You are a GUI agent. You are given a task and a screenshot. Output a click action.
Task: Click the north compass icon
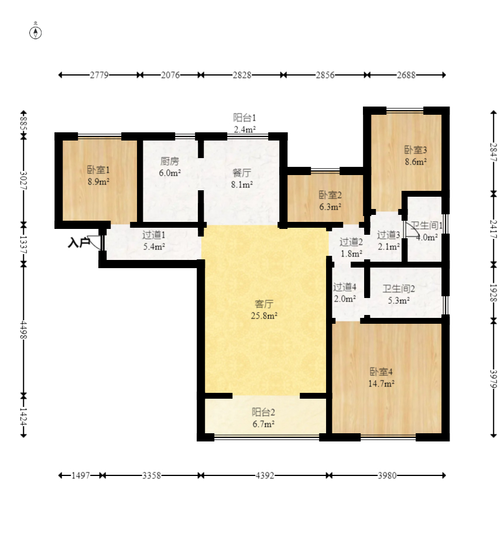click(35, 32)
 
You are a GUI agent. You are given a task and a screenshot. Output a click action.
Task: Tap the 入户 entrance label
click(78, 242)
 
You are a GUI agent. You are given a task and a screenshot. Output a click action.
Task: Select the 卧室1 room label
click(98, 170)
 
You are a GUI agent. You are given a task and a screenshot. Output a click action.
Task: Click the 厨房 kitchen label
click(170, 161)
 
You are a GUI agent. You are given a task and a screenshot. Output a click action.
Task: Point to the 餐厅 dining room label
click(242, 173)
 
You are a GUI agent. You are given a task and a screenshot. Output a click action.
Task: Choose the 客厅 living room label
click(264, 304)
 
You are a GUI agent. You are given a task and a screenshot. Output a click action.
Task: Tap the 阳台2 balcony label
click(263, 412)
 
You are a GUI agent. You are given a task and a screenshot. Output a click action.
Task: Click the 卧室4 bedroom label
click(381, 372)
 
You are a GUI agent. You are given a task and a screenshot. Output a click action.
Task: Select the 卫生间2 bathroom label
click(399, 289)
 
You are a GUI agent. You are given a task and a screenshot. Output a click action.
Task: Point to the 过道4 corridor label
click(345, 287)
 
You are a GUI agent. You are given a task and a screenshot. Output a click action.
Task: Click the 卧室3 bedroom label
click(416, 150)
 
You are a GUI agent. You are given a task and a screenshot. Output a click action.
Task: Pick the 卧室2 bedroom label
click(330, 194)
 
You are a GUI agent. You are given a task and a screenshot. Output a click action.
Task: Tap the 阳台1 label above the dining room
click(244, 118)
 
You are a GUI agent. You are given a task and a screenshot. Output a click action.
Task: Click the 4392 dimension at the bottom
click(265, 475)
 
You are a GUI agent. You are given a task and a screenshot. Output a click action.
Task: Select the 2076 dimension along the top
click(170, 75)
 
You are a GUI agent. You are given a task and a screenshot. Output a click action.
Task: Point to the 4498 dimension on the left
click(23, 330)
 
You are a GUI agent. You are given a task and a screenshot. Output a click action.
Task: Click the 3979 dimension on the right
click(493, 379)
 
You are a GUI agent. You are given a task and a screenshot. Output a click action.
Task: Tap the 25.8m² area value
click(264, 316)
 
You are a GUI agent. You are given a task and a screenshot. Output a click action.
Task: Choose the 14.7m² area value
click(381, 383)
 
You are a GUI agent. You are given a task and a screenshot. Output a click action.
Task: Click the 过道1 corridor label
click(154, 235)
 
